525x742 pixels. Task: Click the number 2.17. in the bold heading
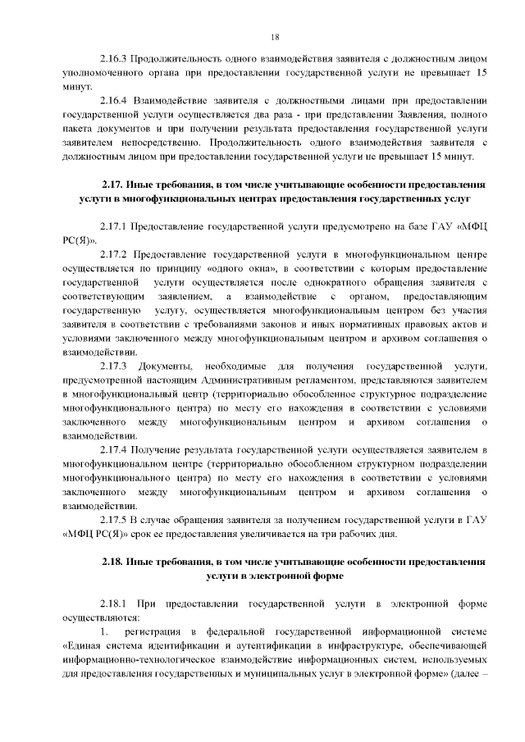(x=112, y=184)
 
